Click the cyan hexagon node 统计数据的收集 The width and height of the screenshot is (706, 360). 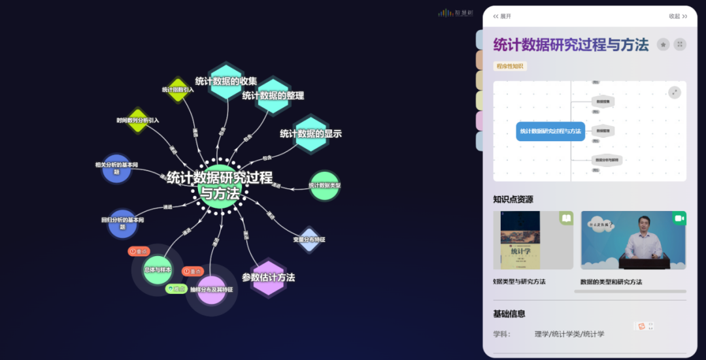[x=226, y=82]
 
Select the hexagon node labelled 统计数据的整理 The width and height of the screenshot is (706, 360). [x=273, y=95]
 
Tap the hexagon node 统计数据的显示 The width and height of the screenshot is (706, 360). [x=311, y=133]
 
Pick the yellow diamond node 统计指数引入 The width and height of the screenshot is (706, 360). [x=178, y=90]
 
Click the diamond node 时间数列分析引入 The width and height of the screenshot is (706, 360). [x=138, y=120]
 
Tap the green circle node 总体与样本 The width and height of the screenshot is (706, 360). [x=158, y=270]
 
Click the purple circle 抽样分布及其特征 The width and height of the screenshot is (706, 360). [x=211, y=289]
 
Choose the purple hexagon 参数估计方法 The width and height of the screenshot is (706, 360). [x=268, y=278]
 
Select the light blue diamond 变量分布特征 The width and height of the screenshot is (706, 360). [x=309, y=239]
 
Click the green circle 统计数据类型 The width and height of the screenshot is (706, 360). [x=324, y=186]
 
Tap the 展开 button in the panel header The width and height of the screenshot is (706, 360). [x=502, y=16]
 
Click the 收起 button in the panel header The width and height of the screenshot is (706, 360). [x=678, y=16]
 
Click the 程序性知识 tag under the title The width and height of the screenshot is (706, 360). [x=510, y=66]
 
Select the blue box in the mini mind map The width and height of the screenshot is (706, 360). [x=550, y=131]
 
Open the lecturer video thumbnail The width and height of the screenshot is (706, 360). [x=633, y=240]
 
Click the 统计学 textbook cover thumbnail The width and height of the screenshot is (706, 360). [x=520, y=240]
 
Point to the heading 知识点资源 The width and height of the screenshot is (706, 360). [x=513, y=199]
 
